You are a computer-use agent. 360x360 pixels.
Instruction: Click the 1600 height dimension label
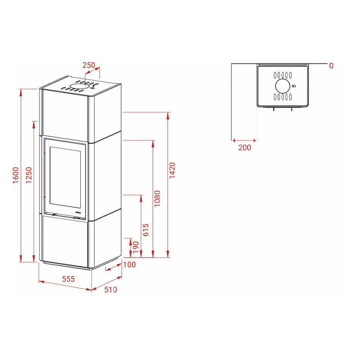point(16,175)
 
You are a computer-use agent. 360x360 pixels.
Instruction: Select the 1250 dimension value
point(29,175)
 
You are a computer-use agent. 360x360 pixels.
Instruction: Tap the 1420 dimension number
point(172,170)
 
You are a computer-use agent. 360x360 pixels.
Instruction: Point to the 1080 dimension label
point(157,198)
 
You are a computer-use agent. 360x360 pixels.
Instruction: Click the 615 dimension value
point(146,230)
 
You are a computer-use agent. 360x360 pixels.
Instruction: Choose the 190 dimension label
point(136,247)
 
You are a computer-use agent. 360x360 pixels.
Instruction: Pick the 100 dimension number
point(130,265)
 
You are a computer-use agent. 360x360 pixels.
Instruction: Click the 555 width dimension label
point(68,279)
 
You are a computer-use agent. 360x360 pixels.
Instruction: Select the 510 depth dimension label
point(111,289)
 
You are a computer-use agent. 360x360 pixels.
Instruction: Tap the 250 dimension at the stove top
point(89,65)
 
